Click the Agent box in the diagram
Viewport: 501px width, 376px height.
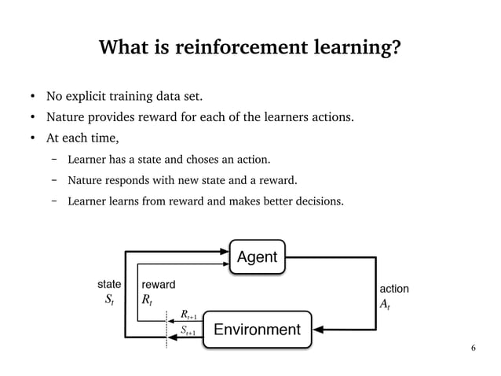click(x=258, y=257)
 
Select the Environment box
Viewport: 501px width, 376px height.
click(x=258, y=328)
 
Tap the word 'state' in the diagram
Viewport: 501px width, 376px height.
click(x=108, y=282)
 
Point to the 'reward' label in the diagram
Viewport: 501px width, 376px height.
click(x=158, y=283)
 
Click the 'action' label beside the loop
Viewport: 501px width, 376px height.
click(x=393, y=289)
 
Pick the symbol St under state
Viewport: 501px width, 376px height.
click(x=109, y=300)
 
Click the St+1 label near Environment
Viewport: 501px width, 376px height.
click(x=189, y=331)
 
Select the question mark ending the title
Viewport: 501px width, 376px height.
click(x=397, y=50)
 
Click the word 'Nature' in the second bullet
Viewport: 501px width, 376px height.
click(x=65, y=119)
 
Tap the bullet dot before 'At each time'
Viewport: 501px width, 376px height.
click(x=32, y=140)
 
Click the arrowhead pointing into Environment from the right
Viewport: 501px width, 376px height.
click(x=317, y=326)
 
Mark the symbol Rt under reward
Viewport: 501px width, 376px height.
click(x=146, y=300)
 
